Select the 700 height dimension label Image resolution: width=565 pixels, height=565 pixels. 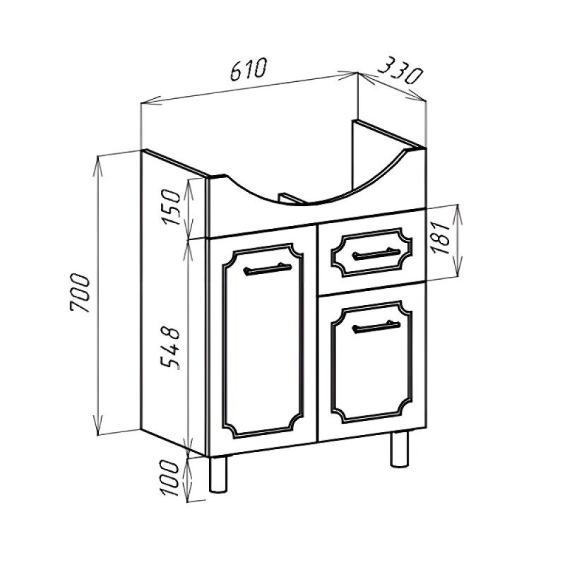[79, 292]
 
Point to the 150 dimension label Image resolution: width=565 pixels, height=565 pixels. [171, 207]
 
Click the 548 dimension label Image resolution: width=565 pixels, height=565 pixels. [170, 347]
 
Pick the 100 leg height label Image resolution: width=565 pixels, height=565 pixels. [170, 478]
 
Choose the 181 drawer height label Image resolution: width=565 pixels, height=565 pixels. [441, 237]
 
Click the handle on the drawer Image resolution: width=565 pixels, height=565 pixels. [376, 254]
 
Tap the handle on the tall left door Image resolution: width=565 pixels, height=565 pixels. [268, 269]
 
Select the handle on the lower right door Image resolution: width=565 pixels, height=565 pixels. [376, 327]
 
